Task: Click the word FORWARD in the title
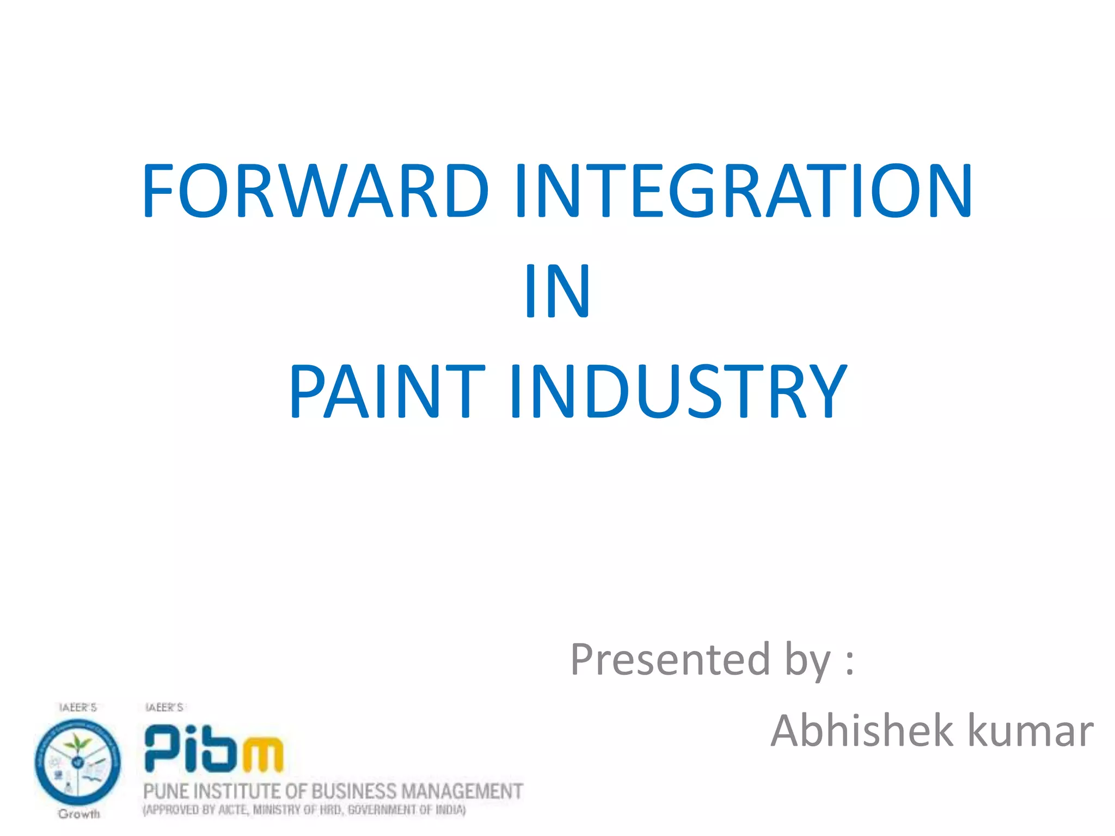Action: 316,190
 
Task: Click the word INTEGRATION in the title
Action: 743,190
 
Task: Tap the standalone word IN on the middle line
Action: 557,291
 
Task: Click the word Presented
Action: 670,660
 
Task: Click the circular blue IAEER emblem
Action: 77,761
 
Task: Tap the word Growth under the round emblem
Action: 79,814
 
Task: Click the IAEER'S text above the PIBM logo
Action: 164,707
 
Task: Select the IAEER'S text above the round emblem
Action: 78,707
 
